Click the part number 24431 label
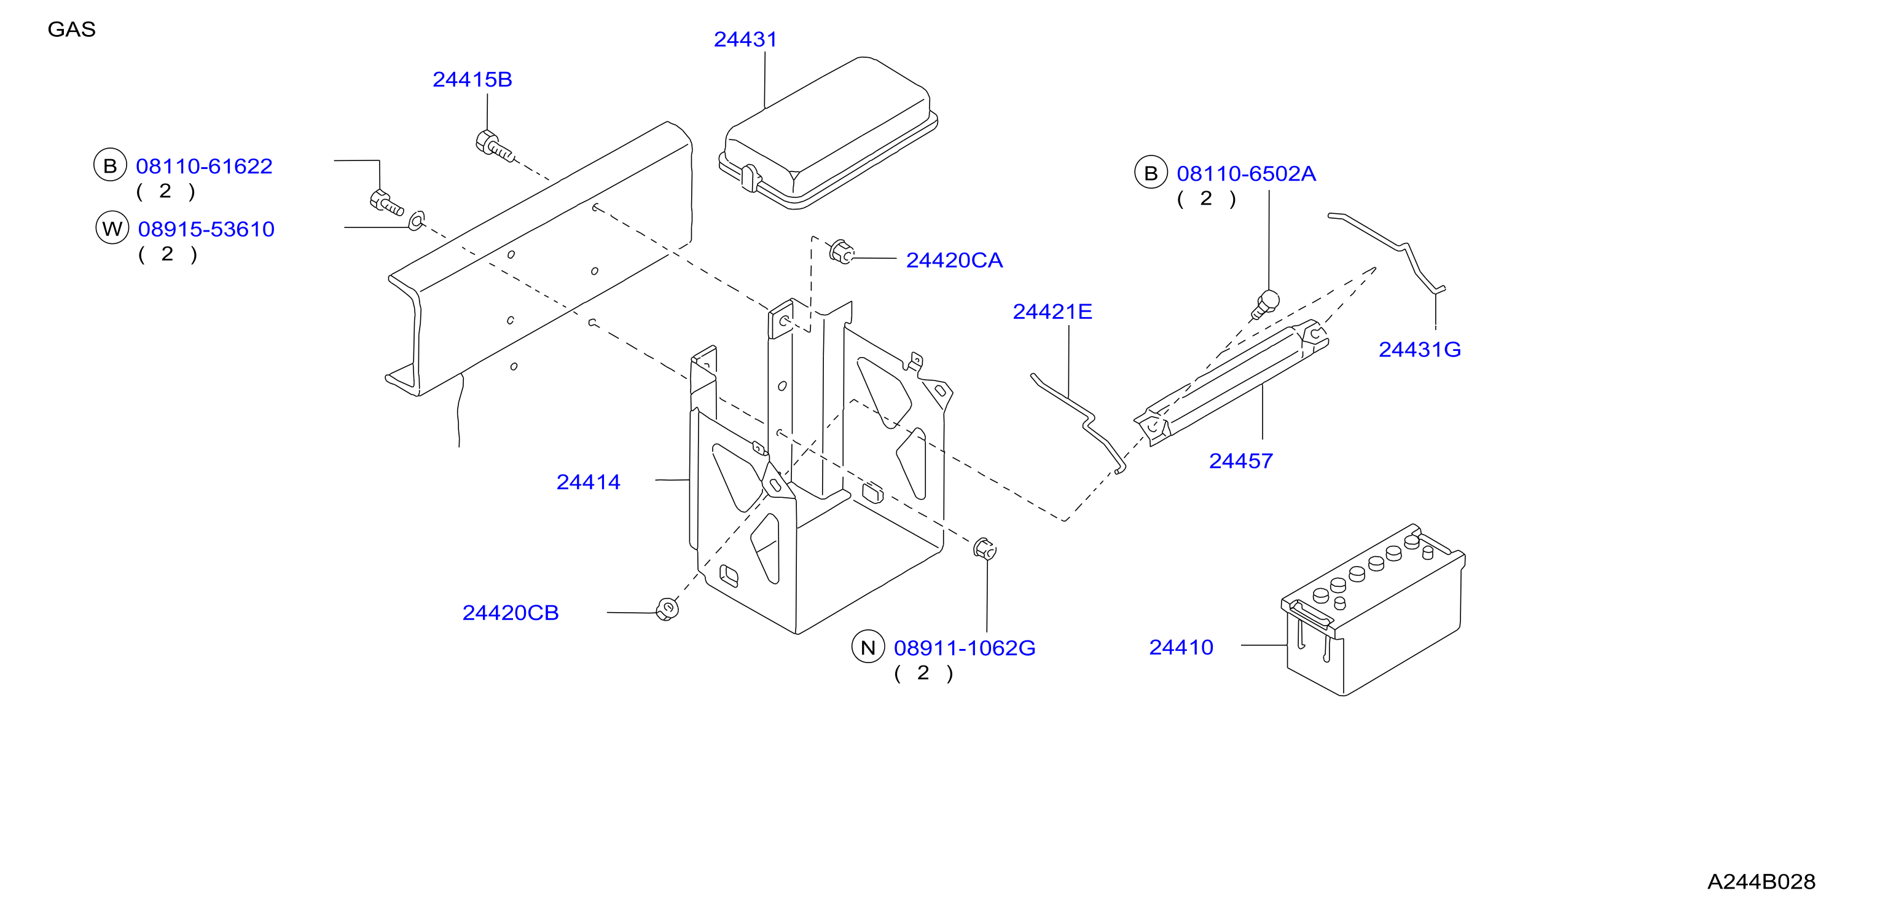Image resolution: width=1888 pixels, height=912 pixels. coord(745,39)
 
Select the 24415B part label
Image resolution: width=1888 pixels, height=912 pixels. coord(472,79)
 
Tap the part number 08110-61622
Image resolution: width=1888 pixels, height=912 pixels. coord(204,167)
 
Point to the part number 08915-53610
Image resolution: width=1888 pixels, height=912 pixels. coord(206,229)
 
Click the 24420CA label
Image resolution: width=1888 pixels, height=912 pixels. coord(954,260)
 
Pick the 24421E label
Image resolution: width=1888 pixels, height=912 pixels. coord(1052,312)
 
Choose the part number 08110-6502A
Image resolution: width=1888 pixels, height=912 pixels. coord(1246,174)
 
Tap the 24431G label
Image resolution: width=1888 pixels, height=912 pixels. coord(1420,350)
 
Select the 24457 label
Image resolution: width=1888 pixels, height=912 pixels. coord(1241,461)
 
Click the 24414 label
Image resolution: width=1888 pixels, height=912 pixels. coord(588,482)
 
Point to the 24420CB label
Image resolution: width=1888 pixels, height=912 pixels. coord(510,613)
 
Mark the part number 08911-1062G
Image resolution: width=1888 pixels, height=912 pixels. coord(965,648)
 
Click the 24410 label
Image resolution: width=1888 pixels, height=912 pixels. coord(1181,647)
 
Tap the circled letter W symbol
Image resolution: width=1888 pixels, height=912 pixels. coord(112,229)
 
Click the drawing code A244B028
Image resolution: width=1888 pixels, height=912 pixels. coord(1761,882)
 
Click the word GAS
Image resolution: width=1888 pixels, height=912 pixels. coord(71,29)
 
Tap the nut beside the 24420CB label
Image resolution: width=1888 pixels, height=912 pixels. coord(667,609)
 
